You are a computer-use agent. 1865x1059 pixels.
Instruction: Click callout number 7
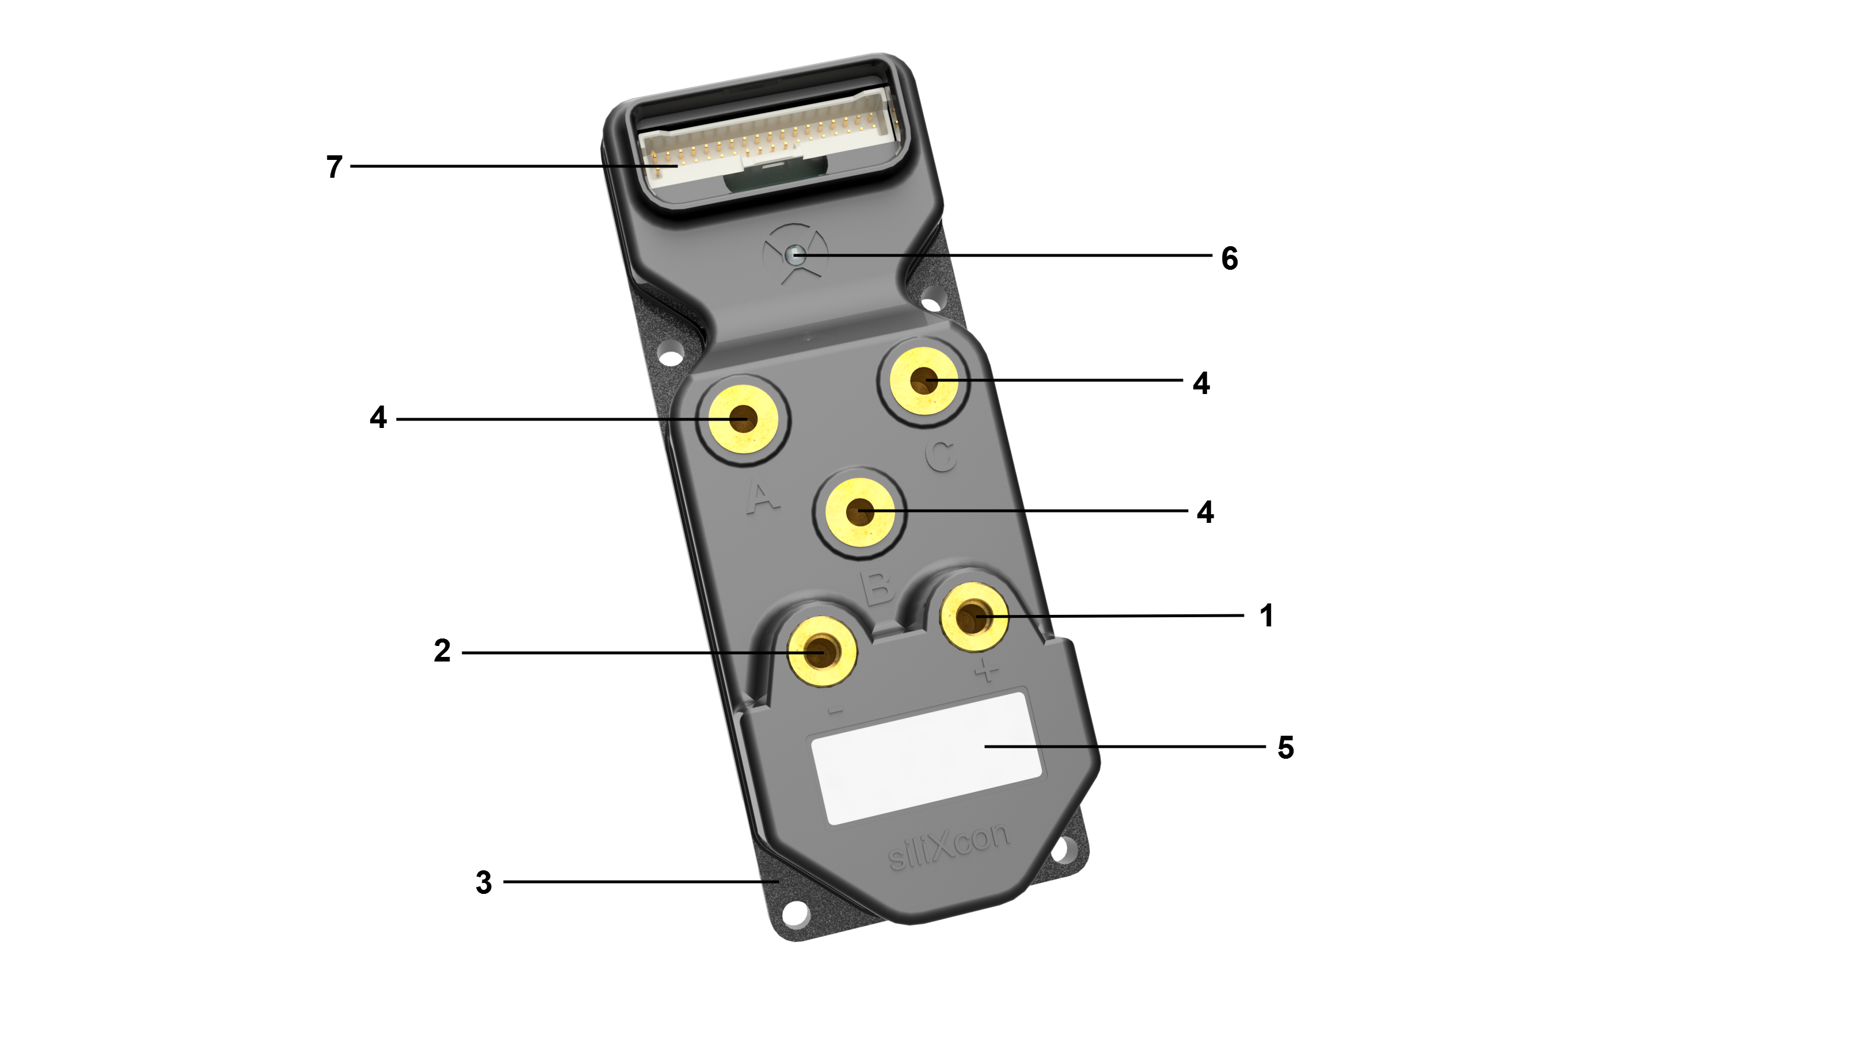[334, 167]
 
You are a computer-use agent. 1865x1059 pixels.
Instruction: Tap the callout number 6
[1230, 258]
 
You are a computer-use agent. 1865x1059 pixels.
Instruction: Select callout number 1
[1266, 615]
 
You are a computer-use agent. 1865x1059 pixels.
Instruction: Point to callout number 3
[484, 882]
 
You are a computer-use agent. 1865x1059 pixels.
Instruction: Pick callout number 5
[1286, 748]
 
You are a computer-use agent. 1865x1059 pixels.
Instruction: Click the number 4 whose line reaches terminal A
[378, 418]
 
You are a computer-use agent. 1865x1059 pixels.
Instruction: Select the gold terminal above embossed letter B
[860, 512]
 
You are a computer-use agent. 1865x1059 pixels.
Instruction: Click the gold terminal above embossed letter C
[924, 380]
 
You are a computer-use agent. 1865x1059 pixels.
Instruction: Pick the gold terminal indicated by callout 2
[822, 651]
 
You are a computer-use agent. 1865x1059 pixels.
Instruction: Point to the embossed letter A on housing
[763, 499]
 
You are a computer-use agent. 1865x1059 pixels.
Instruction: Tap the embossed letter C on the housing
[942, 457]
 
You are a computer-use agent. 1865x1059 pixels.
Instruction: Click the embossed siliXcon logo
[949, 847]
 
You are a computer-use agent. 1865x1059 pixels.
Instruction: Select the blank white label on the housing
[926, 759]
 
